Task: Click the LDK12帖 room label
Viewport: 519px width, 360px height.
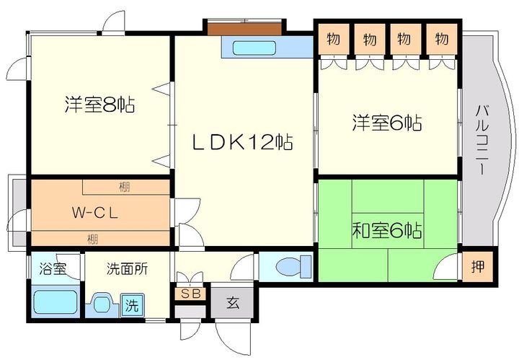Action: [x=243, y=142]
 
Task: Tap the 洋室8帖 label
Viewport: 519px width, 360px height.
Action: [x=100, y=105]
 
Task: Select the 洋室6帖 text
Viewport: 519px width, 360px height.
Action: [x=387, y=123]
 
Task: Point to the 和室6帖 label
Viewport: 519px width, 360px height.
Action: [x=387, y=230]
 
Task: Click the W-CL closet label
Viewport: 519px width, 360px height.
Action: [x=95, y=213]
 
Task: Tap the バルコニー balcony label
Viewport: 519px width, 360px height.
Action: [x=482, y=140]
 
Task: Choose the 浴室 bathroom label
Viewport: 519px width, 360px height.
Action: [x=53, y=268]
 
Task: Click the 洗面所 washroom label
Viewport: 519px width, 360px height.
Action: [x=127, y=269]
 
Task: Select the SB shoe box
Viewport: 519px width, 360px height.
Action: [x=190, y=294]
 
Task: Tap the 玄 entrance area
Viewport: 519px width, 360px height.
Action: [x=233, y=303]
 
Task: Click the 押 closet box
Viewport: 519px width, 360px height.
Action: [x=478, y=266]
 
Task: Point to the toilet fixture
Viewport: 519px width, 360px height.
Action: [x=293, y=267]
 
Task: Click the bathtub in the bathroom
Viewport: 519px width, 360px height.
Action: [x=56, y=302]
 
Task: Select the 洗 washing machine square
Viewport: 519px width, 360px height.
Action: [x=132, y=305]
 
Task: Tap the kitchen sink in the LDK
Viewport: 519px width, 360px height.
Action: [x=254, y=48]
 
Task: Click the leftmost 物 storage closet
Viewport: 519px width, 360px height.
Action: [x=334, y=39]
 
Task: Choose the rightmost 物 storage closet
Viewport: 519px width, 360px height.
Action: [x=442, y=39]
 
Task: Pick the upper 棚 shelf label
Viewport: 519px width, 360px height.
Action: [x=124, y=187]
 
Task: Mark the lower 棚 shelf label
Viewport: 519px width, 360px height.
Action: [x=93, y=239]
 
